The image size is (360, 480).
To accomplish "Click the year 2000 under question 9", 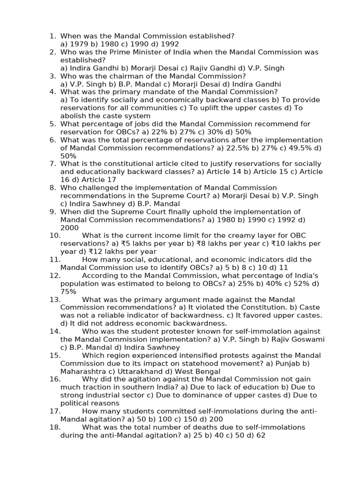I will [69, 228].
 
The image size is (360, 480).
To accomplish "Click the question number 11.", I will [55, 260].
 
